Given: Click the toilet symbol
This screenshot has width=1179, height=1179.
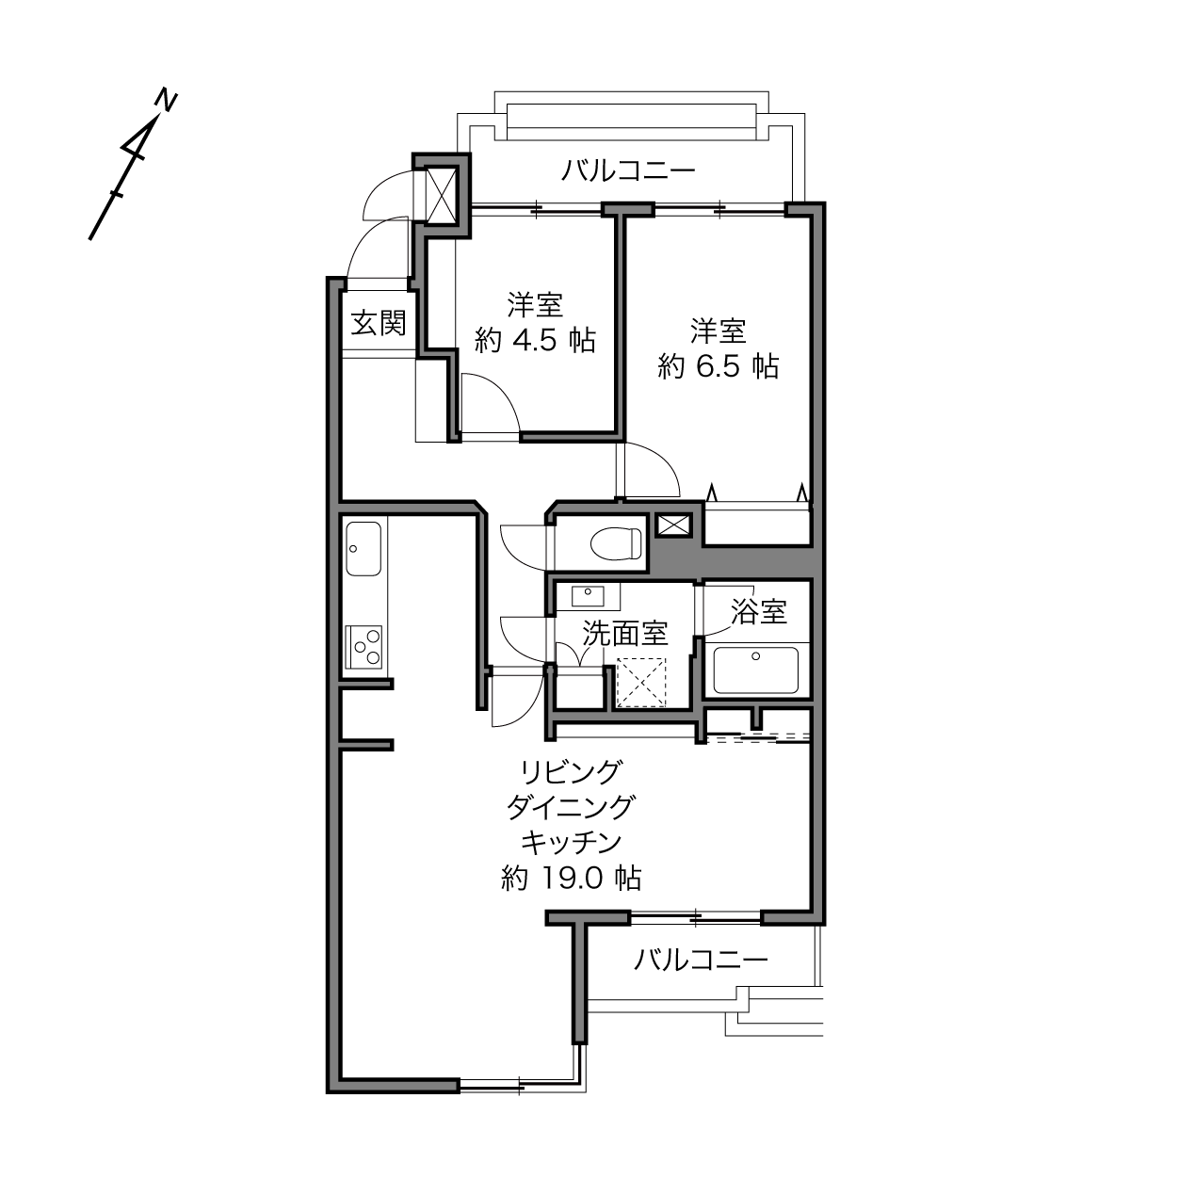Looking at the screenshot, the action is (616, 542).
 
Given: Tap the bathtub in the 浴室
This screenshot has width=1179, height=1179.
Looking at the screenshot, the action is (755, 670).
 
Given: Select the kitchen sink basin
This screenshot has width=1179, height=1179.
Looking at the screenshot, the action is (363, 548).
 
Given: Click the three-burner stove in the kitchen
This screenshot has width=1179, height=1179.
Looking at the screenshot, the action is (363, 647).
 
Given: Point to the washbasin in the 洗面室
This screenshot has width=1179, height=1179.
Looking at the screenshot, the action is (588, 595).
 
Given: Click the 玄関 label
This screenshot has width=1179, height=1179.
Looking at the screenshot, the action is (379, 322).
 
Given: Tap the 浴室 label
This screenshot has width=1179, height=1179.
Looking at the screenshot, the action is (759, 611).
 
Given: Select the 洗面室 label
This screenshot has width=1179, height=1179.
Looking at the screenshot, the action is (624, 633).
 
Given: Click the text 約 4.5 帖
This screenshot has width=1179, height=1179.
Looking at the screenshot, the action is (535, 340).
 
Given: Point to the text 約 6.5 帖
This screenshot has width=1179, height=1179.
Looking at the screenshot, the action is (719, 366).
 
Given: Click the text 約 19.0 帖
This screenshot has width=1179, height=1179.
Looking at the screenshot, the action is (571, 879).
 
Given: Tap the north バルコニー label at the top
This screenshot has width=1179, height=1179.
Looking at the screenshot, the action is (628, 170).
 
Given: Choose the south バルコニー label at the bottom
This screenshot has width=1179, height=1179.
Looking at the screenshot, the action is (701, 960).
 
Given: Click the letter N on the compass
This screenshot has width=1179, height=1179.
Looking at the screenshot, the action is (165, 101).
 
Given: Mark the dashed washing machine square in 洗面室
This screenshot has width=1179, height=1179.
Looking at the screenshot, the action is (640, 682).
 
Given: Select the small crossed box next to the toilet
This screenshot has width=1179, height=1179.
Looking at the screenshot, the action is (673, 525).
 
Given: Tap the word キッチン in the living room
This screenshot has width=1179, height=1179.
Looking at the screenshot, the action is (571, 843).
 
